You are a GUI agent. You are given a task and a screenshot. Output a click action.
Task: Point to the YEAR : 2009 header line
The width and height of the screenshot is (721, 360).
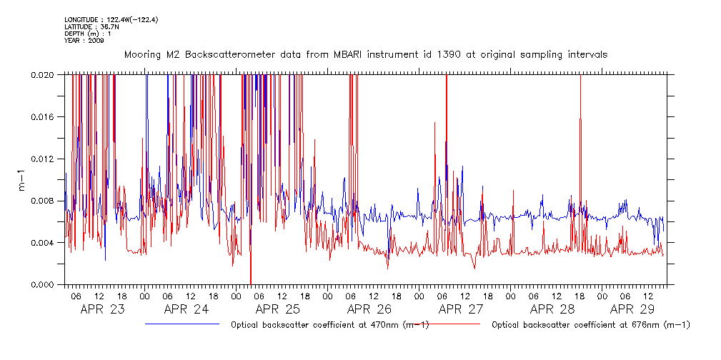[84, 41]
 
